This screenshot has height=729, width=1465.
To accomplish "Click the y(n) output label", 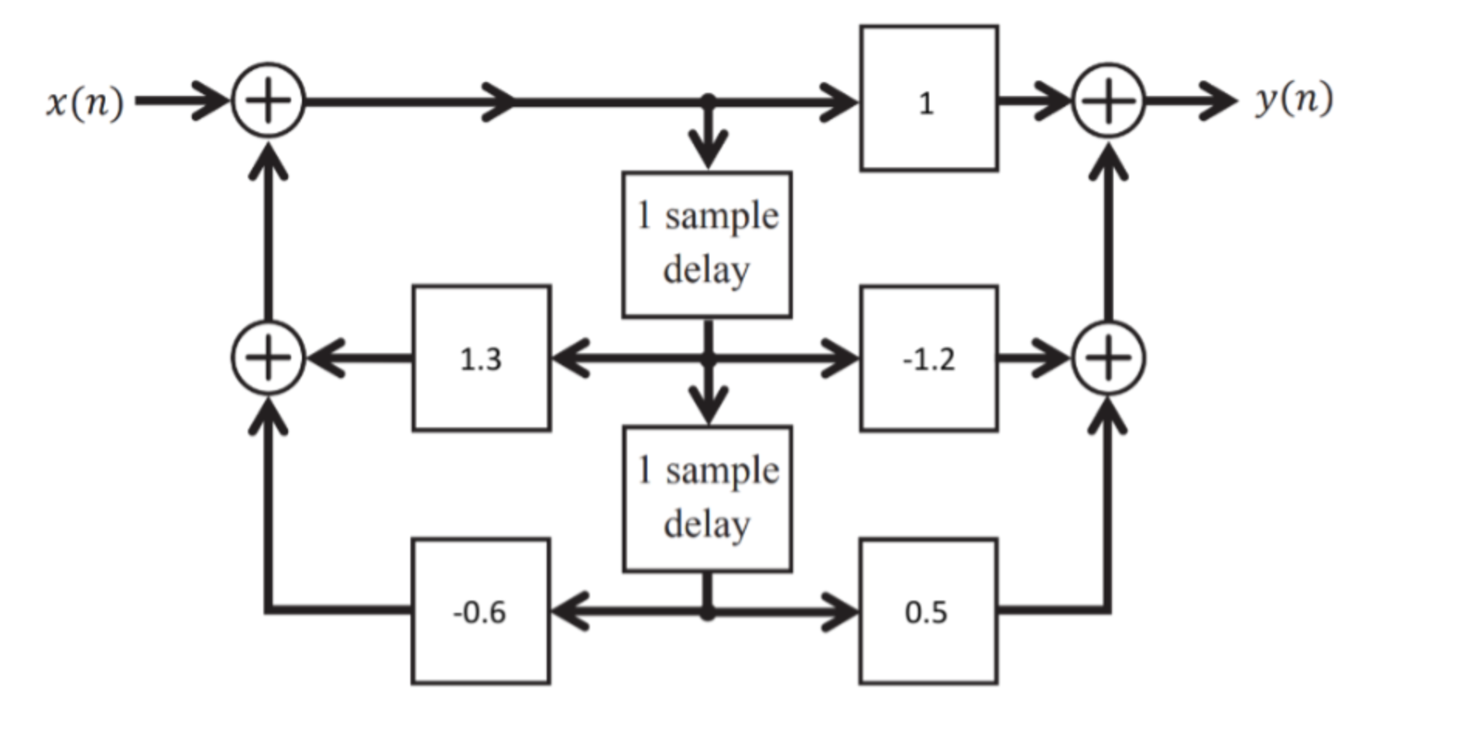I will [1294, 99].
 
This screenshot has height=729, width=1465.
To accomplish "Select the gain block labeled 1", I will [928, 98].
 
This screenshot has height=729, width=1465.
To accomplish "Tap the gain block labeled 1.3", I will [482, 358].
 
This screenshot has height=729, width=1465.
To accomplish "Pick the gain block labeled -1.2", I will [928, 358].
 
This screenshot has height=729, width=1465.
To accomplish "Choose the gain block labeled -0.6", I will [481, 611].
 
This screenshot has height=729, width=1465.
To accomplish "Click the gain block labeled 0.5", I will [928, 611].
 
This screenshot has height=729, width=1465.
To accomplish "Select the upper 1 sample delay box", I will [707, 245].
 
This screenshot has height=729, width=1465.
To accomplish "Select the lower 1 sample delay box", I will [707, 499].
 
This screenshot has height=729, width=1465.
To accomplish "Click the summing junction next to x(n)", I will [268, 101].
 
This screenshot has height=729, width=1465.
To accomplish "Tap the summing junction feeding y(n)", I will [1108, 101].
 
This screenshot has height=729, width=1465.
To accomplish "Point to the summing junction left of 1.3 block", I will [268, 358].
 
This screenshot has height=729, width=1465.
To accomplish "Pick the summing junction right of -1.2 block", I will [1108, 358].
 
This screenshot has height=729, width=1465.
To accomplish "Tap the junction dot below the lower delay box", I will [707, 613].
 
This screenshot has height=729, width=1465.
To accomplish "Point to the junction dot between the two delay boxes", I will [707, 359].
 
